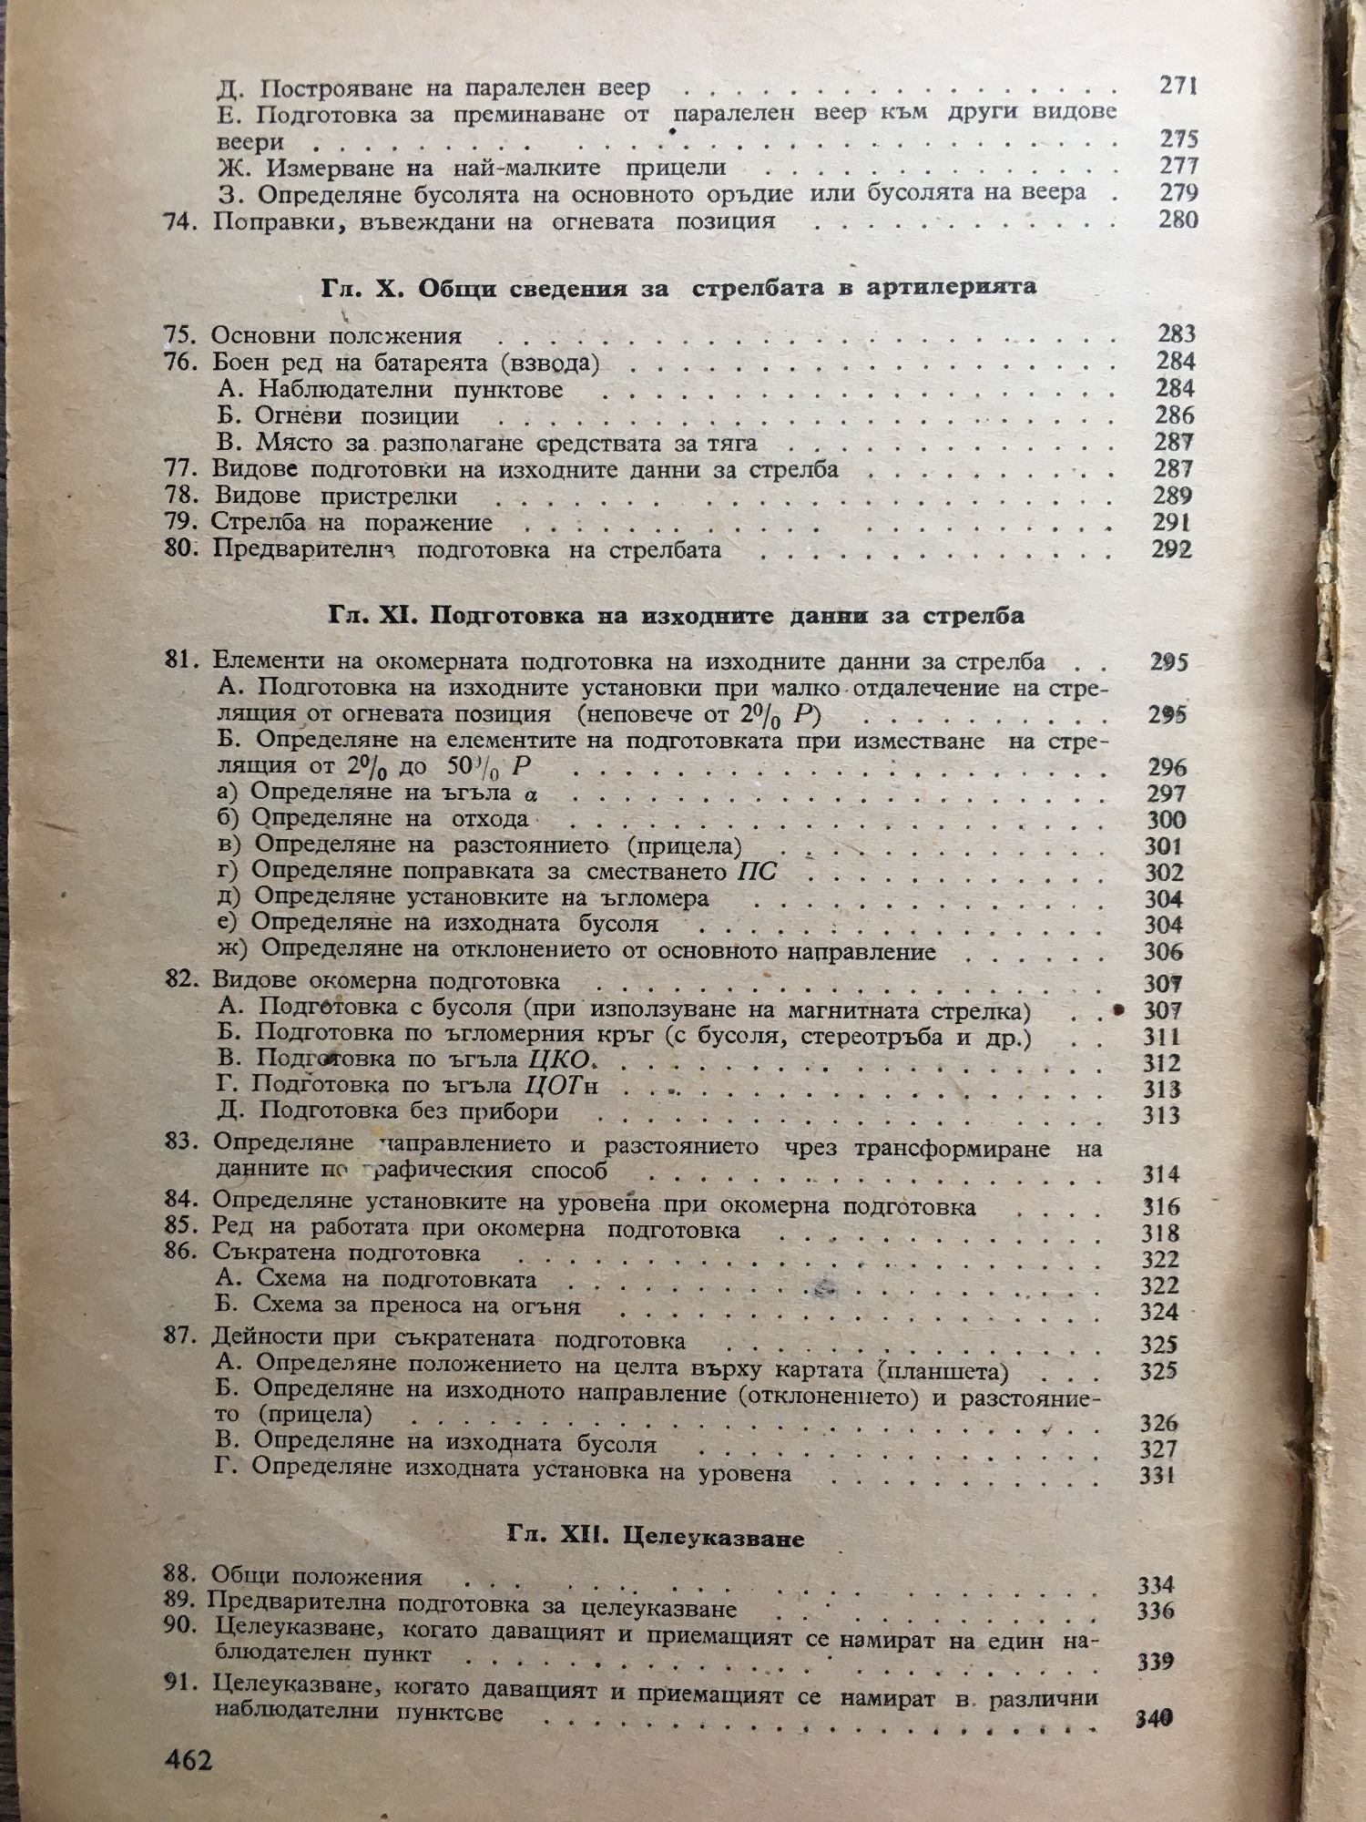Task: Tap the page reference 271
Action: tap(1177, 87)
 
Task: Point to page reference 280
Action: tap(1178, 220)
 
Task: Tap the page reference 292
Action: tap(1173, 549)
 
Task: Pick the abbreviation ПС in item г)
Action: tap(756, 872)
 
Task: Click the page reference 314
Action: tap(1161, 1174)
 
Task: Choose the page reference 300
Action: tap(1166, 819)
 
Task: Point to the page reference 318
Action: tap(1161, 1233)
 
